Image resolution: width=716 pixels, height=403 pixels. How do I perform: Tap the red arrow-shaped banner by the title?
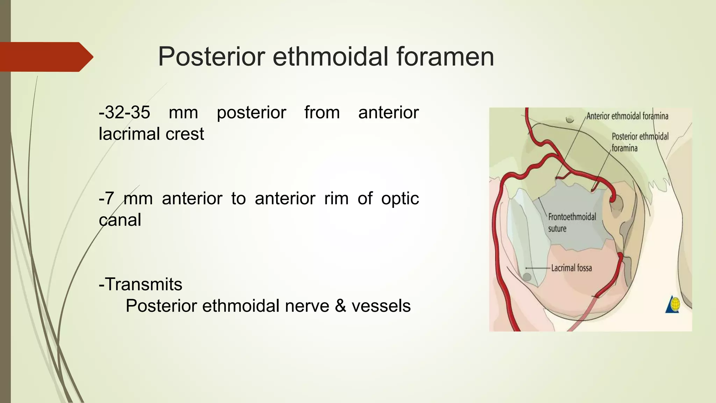[x=45, y=57]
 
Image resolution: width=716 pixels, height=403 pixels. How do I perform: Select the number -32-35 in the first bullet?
[x=124, y=113]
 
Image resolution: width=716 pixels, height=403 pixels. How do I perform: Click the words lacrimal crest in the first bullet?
[x=151, y=134]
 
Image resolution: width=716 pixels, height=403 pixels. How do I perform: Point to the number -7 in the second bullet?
[x=106, y=199]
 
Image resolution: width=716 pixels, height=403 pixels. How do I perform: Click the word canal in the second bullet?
[x=120, y=220]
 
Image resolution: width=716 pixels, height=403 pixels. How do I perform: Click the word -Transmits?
[x=141, y=284]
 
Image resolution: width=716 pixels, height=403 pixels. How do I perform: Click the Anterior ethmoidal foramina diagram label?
[x=627, y=116]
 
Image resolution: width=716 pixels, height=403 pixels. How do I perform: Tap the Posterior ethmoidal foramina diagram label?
[x=640, y=142]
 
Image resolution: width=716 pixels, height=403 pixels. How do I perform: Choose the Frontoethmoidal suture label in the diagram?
[x=572, y=222]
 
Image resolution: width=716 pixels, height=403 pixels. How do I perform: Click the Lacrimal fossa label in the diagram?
[x=572, y=268]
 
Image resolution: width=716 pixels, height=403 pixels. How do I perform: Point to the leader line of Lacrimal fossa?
[x=538, y=268]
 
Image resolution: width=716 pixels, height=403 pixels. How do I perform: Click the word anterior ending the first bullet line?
[x=388, y=113]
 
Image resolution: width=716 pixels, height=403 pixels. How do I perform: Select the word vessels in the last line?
[x=381, y=306]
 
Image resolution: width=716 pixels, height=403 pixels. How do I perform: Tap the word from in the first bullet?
[x=322, y=113]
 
